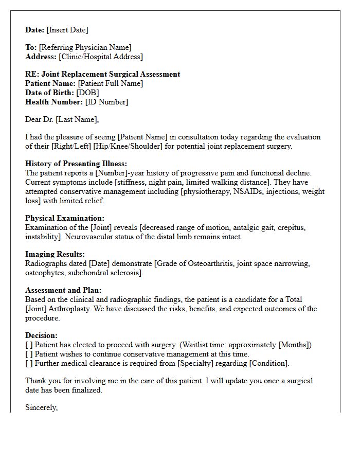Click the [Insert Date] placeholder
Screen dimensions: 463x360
point(67,30)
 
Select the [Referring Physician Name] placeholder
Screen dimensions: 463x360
point(85,48)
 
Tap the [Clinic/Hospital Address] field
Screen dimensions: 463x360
point(101,57)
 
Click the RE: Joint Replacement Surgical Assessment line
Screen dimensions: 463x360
point(103,74)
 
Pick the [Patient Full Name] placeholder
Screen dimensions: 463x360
point(111,83)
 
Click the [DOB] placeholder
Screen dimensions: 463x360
point(87,93)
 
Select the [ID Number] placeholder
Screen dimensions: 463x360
point(106,102)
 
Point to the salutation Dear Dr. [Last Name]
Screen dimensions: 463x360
point(62,119)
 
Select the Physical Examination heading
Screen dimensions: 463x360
point(65,218)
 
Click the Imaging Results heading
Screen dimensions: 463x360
point(55,254)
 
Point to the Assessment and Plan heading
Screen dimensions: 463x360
point(63,290)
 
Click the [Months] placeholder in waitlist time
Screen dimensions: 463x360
point(293,345)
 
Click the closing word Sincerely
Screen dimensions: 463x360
point(41,407)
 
